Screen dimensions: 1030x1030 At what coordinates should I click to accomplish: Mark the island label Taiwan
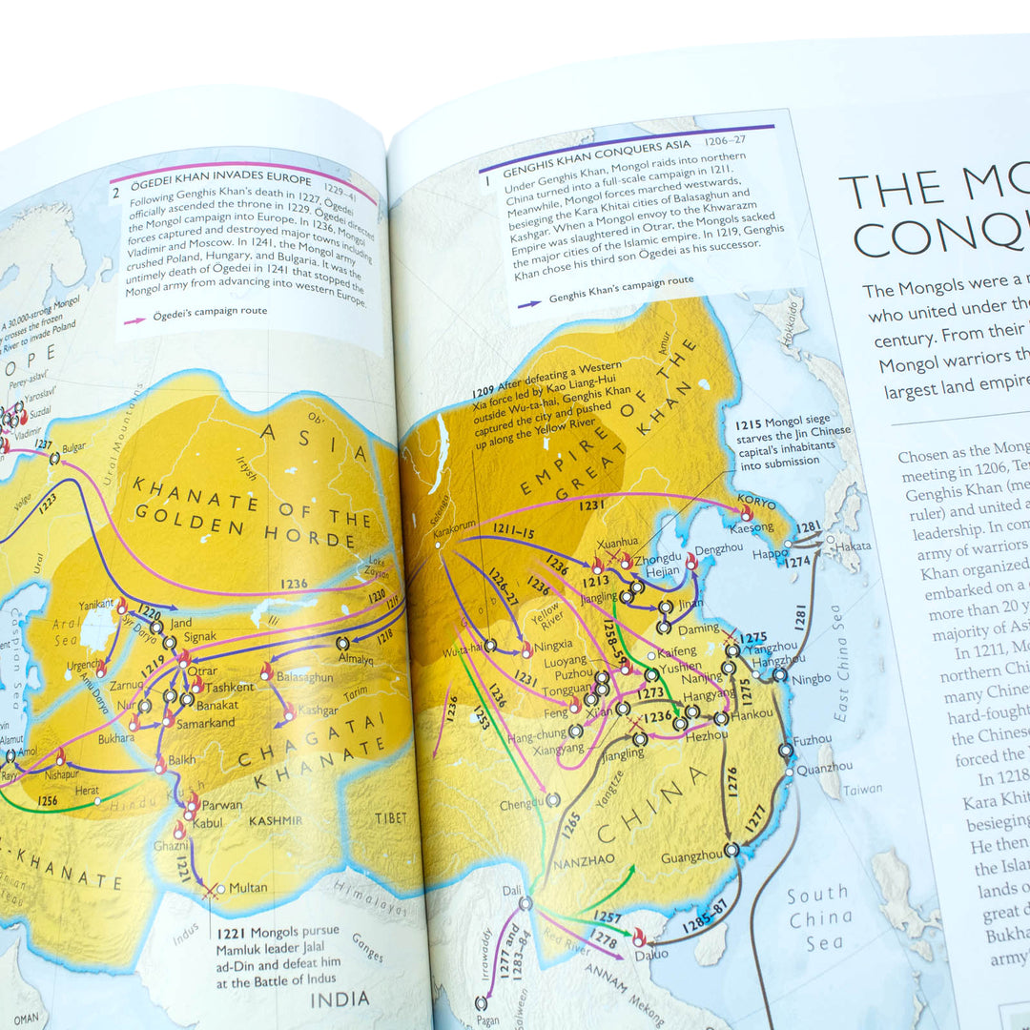pyautogui.click(x=863, y=790)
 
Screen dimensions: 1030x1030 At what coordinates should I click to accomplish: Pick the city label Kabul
pyautogui.click(x=216, y=821)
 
